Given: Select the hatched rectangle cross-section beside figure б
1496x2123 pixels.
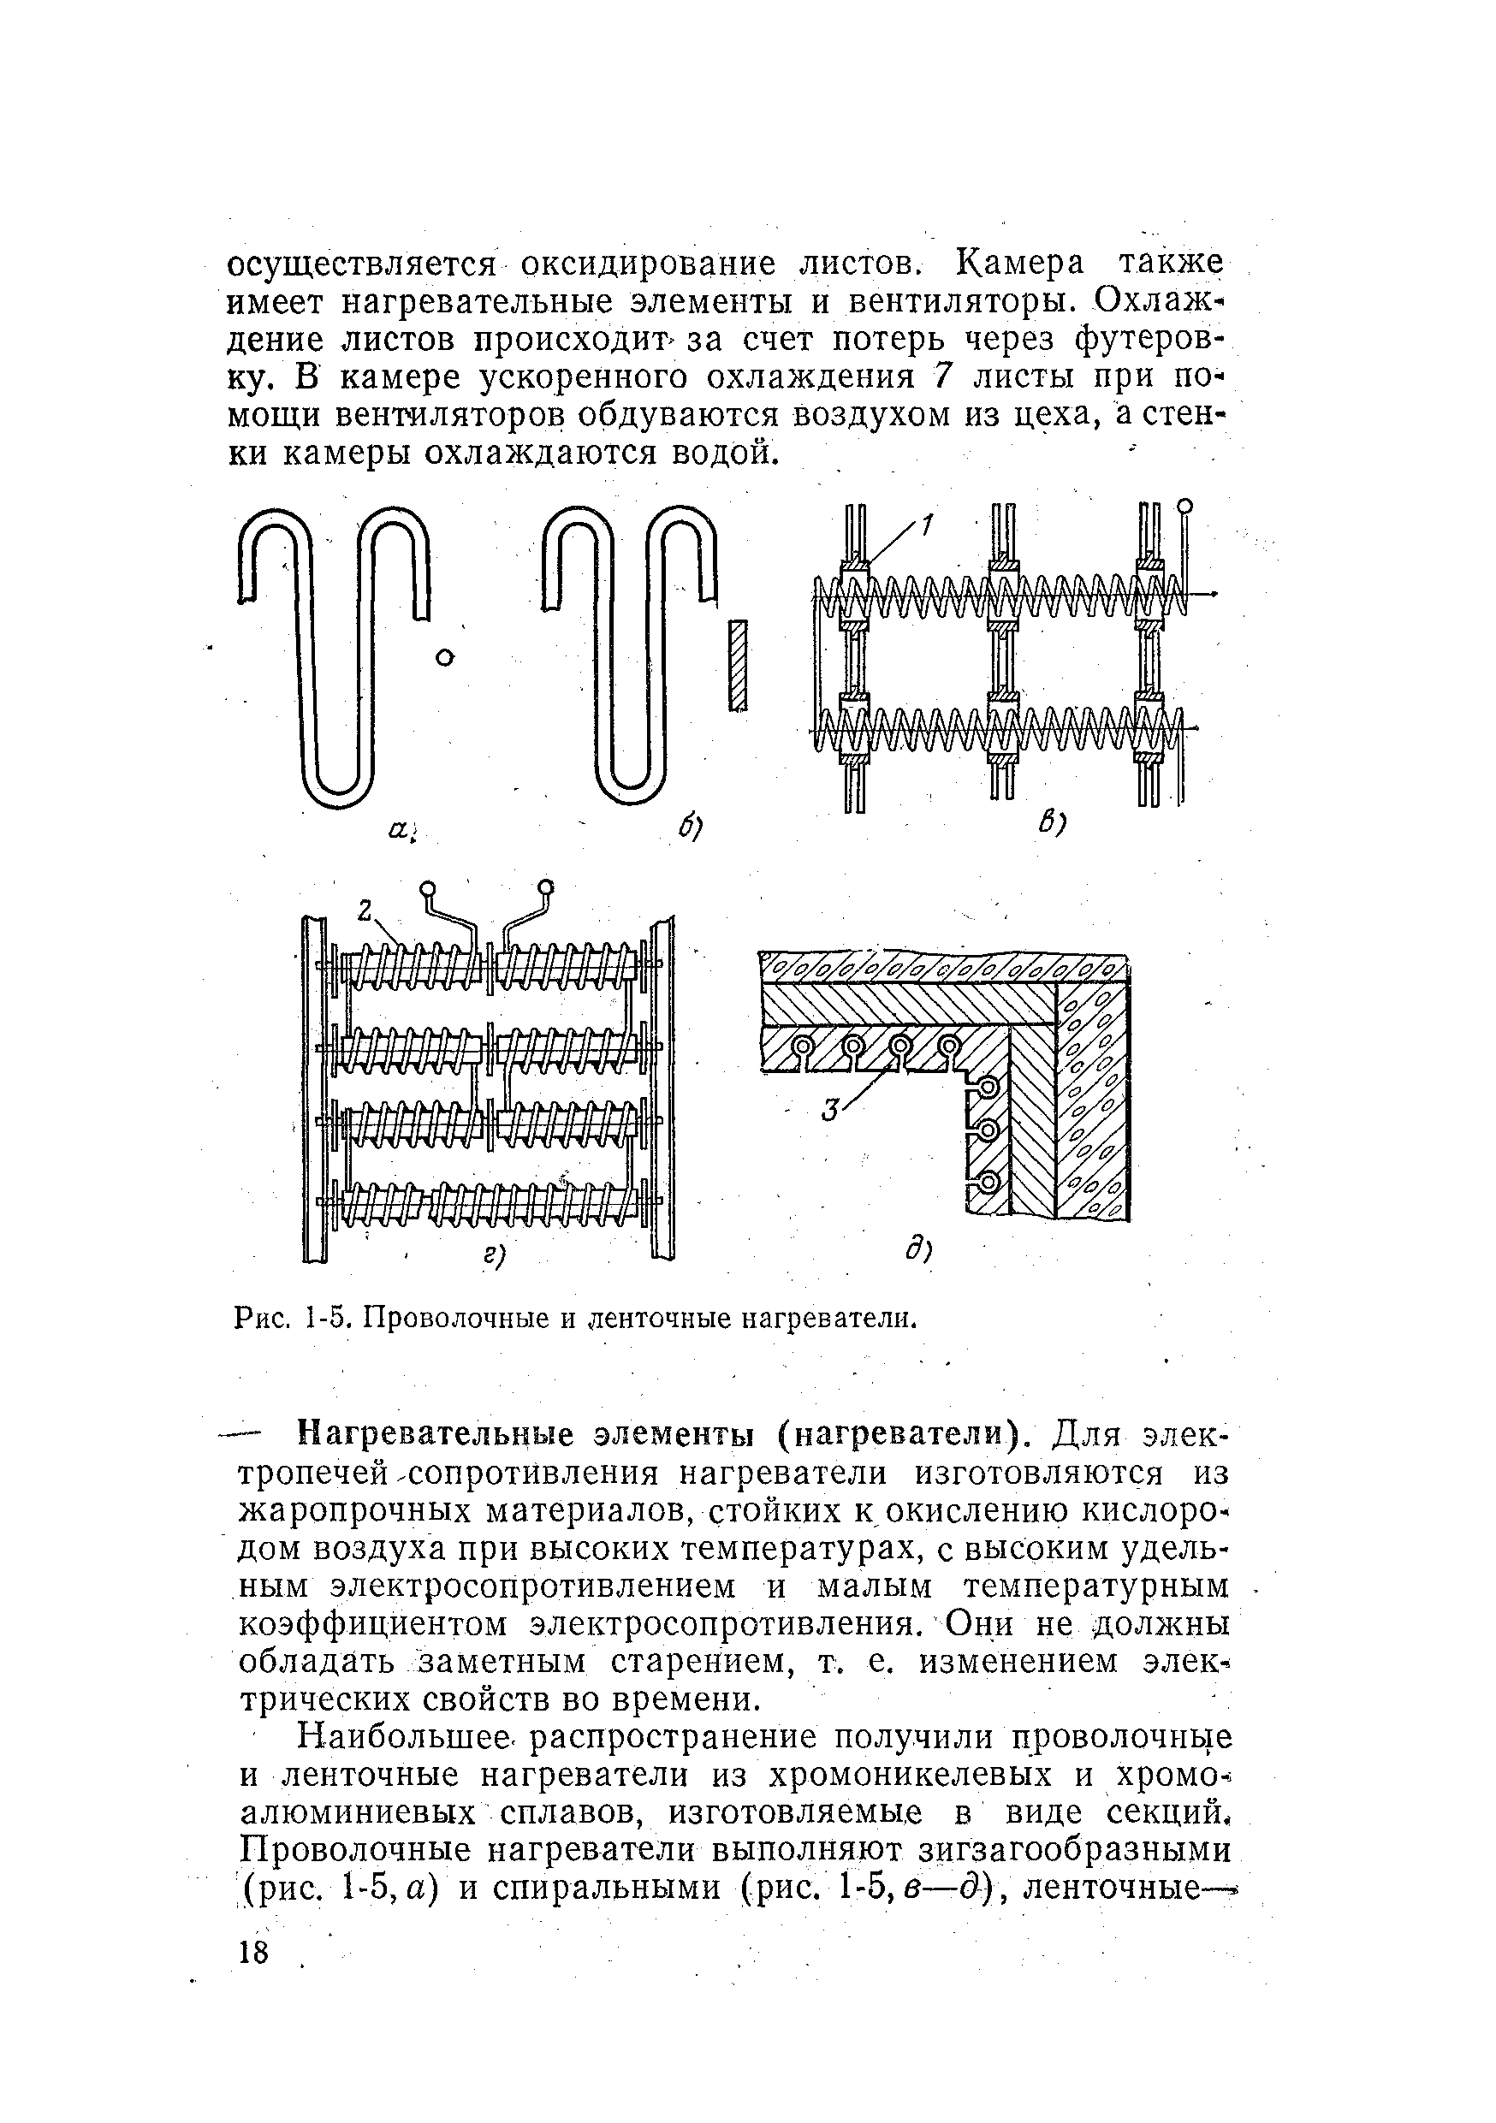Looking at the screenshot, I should [x=737, y=666].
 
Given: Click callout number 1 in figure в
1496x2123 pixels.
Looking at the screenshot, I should [x=928, y=525].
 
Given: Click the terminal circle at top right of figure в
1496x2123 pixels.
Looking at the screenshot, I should [x=1185, y=506].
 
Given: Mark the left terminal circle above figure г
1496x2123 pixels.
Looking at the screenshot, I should [x=428, y=890].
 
